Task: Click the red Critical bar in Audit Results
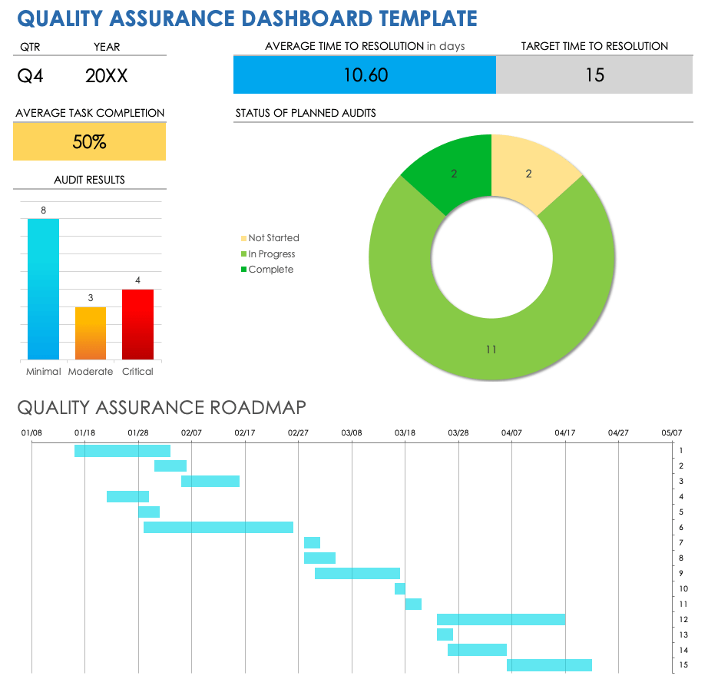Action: (137, 324)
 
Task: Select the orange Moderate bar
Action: (91, 333)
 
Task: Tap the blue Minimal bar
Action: (43, 289)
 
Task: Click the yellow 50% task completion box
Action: (89, 142)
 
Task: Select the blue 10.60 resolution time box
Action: (365, 75)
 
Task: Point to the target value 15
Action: (594, 75)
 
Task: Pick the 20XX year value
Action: (107, 75)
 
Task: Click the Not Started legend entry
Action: (273, 238)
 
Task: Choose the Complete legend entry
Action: (270, 270)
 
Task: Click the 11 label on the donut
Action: (491, 349)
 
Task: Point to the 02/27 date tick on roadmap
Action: (298, 433)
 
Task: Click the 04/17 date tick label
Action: (565, 433)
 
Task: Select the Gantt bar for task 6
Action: (218, 528)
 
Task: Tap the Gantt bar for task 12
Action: (501, 619)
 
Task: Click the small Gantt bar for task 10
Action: (400, 588)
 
